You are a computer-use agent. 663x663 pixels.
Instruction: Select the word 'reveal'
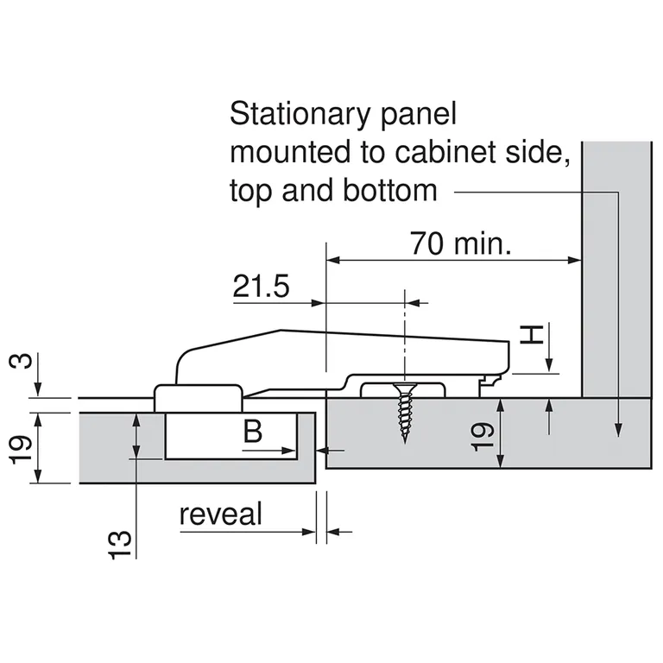pos(220,515)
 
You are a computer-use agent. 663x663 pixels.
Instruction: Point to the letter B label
pos(252,431)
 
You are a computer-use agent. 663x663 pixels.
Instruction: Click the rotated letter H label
pos(534,334)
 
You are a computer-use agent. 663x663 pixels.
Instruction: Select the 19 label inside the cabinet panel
pos(484,434)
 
